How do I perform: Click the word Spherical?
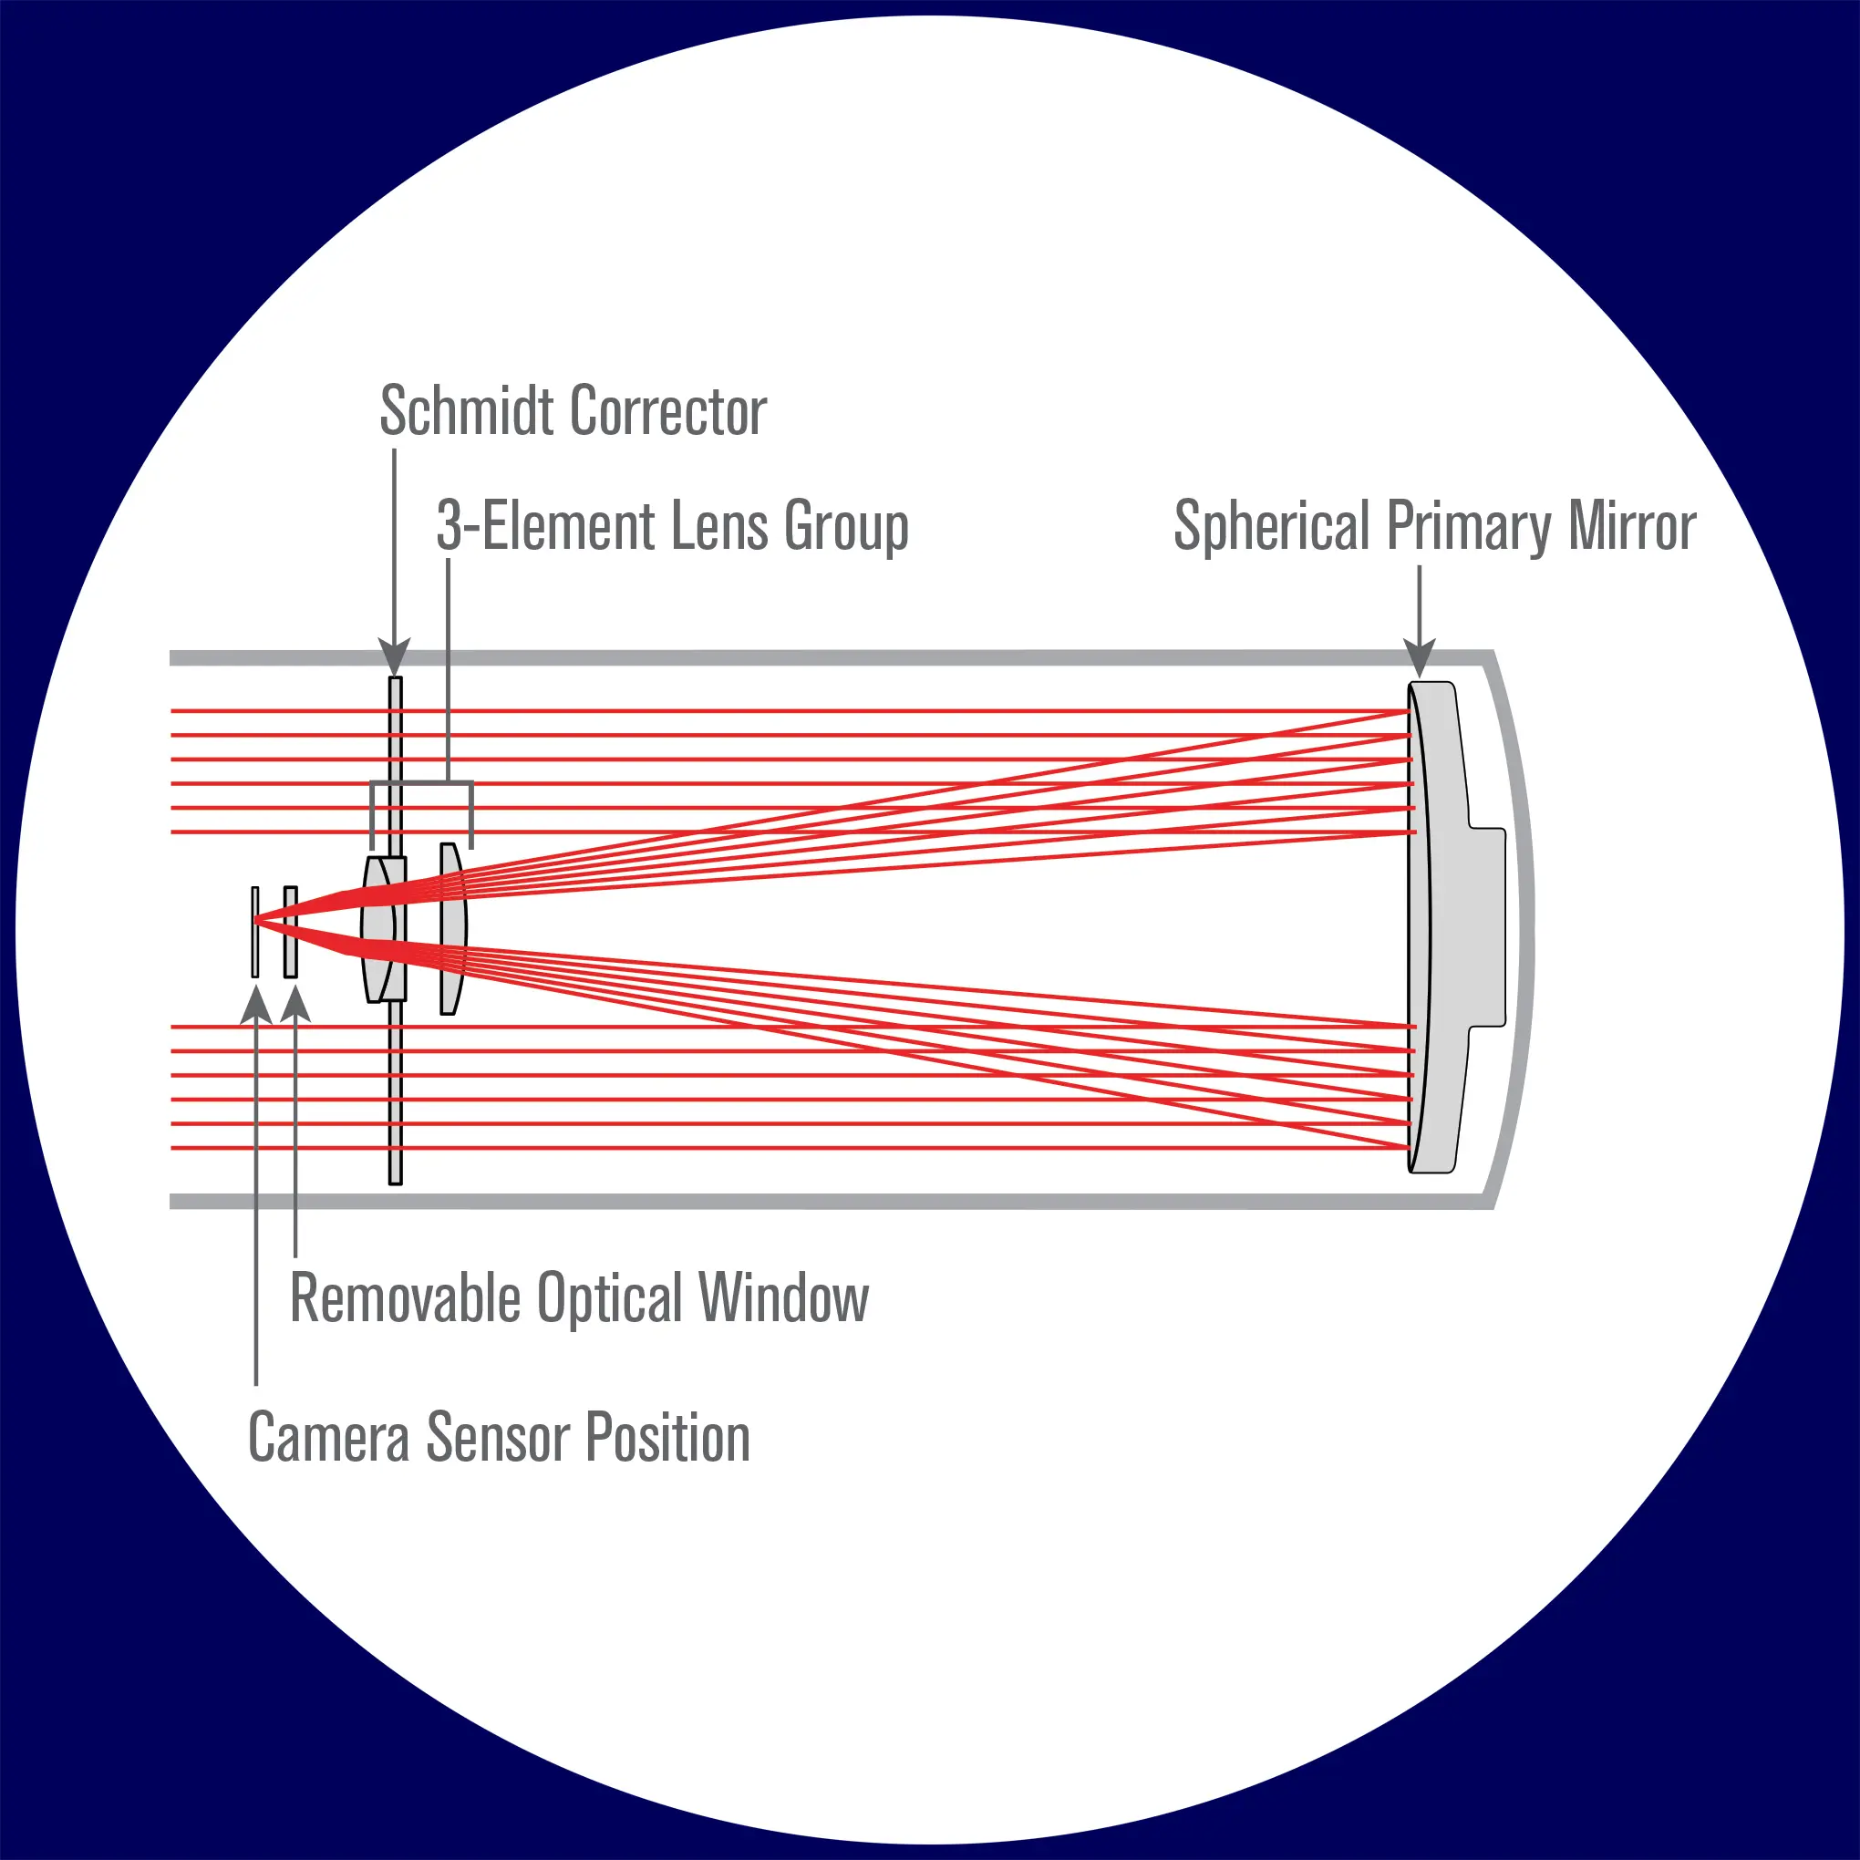[1271, 528]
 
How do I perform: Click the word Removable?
[404, 1298]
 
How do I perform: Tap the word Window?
[784, 1298]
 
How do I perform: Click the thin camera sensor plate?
[255, 931]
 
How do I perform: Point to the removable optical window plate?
[291, 931]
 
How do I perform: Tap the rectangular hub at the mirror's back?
[1487, 927]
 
